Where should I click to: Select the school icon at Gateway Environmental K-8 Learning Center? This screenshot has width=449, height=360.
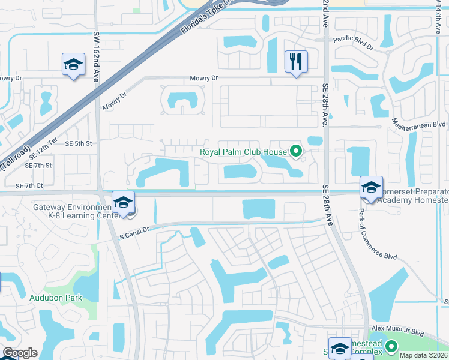pyautogui.click(x=123, y=203)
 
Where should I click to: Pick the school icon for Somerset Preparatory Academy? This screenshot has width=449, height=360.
pyautogui.click(x=371, y=188)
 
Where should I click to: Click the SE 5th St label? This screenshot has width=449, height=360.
pyautogui.click(x=79, y=143)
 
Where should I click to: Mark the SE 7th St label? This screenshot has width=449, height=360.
pyautogui.click(x=38, y=165)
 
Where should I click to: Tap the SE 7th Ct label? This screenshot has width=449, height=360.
pyautogui.click(x=38, y=186)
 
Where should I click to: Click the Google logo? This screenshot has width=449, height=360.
pyautogui.click(x=20, y=353)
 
